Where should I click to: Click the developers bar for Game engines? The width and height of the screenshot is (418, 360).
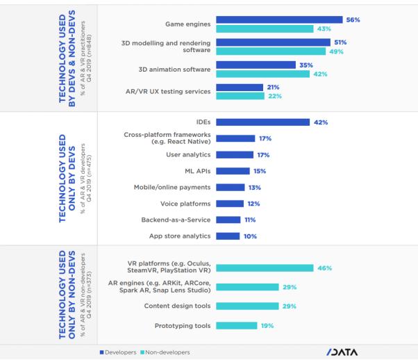coord(279,19)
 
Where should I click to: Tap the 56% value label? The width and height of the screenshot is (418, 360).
coord(353,19)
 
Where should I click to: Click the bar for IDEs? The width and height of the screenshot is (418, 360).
coord(263,122)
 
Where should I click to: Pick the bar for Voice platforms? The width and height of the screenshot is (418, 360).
coord(230,204)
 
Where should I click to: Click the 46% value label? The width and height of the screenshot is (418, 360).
coord(324,268)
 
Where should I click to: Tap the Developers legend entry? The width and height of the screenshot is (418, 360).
coord(122,352)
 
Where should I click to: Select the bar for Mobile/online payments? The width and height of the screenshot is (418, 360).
coord(231,187)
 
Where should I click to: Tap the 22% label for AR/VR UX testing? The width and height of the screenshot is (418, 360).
coord(274,95)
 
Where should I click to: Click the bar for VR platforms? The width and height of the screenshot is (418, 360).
coord(264,268)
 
